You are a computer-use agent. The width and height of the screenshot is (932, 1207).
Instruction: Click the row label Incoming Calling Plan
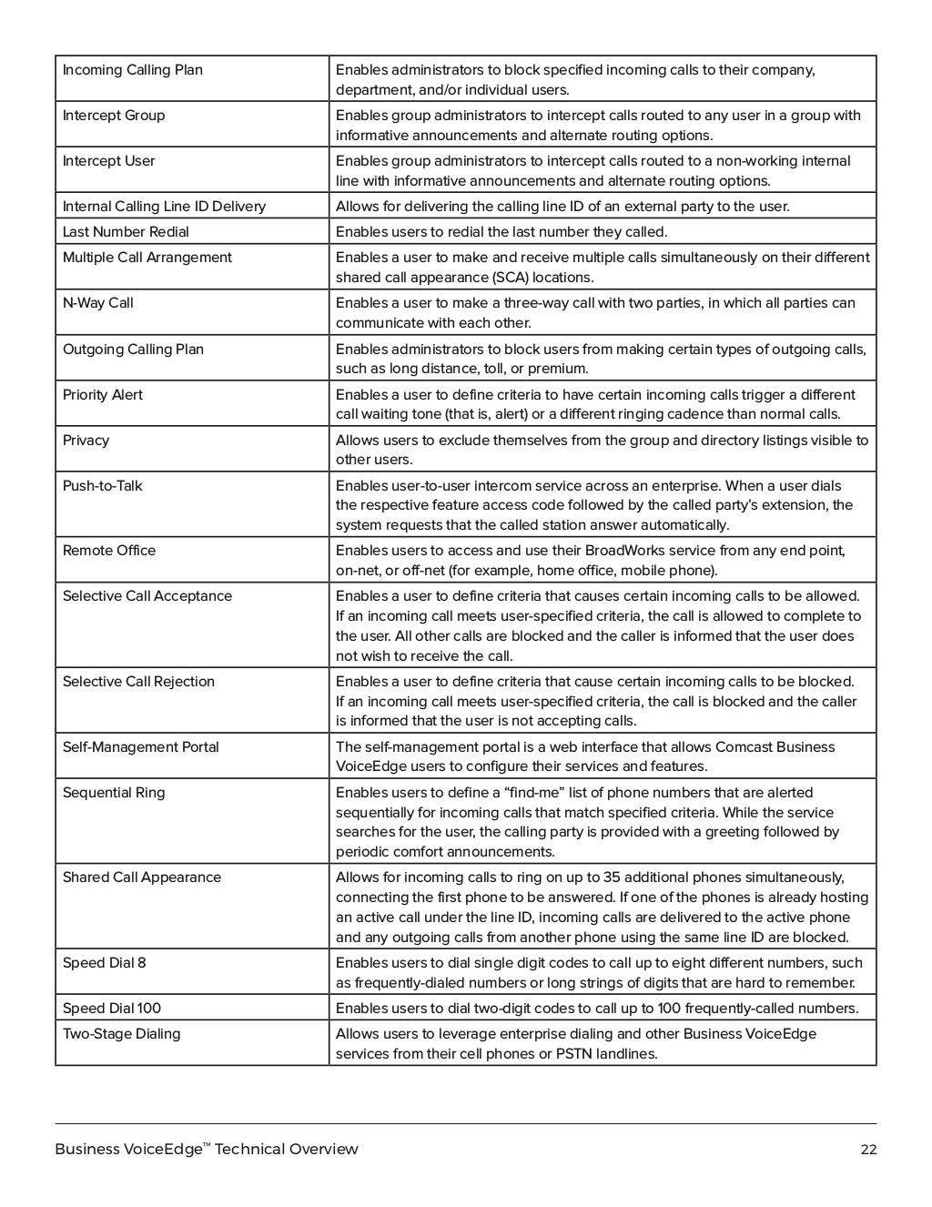click(132, 70)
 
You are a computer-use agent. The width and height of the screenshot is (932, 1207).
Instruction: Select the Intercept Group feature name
click(113, 116)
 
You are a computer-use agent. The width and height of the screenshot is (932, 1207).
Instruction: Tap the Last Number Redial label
click(126, 232)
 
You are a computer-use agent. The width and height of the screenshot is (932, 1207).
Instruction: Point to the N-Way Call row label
click(97, 303)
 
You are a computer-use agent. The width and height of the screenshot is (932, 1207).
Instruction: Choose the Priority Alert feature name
click(102, 395)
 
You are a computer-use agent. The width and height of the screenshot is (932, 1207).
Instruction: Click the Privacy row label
click(86, 441)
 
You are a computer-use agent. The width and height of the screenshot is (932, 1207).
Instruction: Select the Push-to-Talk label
click(102, 486)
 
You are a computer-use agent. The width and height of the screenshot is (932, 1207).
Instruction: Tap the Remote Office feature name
click(108, 551)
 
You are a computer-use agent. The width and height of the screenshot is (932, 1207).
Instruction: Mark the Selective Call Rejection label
click(138, 682)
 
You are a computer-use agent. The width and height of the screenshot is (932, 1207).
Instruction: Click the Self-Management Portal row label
click(140, 747)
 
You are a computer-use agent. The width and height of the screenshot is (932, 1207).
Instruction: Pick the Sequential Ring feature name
click(114, 793)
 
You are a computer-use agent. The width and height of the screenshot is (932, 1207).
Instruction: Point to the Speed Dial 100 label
click(111, 1009)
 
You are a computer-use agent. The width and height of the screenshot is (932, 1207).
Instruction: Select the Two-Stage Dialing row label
click(121, 1034)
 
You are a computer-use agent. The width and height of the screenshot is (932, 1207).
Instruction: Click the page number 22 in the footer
click(868, 1150)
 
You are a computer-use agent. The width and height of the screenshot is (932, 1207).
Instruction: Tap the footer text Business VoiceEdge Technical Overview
click(207, 1150)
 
